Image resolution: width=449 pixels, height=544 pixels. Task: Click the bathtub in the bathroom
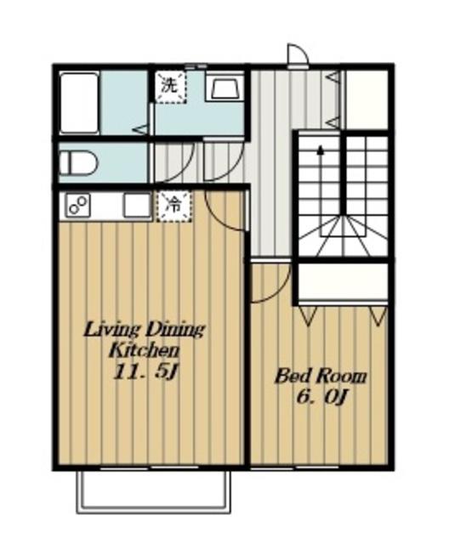tap(79, 103)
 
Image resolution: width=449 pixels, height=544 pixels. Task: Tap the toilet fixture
tap(78, 162)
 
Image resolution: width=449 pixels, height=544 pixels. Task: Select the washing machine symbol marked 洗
tap(171, 87)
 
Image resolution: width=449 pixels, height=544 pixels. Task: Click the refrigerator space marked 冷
tap(173, 206)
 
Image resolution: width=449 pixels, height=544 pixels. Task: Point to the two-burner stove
tap(79, 206)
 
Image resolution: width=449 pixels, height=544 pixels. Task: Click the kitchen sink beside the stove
tap(137, 206)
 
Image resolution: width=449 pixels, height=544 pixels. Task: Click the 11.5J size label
tap(145, 372)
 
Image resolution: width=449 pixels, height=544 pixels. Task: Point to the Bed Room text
tap(321, 377)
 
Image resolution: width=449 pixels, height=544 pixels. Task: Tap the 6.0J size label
tap(321, 398)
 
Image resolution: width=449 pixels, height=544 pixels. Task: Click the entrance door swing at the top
tap(298, 54)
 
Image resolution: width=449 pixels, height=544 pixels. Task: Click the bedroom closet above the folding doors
tap(343, 282)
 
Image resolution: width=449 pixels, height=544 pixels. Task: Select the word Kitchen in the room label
tap(145, 351)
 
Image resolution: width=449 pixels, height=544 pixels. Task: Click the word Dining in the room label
tap(175, 330)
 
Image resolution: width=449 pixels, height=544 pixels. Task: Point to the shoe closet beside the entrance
tap(366, 99)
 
